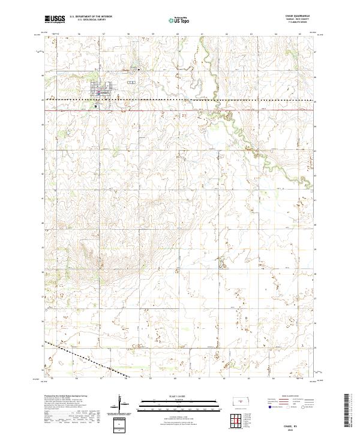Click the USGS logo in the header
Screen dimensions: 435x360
pyautogui.click(x=55, y=19)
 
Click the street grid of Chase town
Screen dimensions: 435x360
pyautogui.click(x=98, y=90)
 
